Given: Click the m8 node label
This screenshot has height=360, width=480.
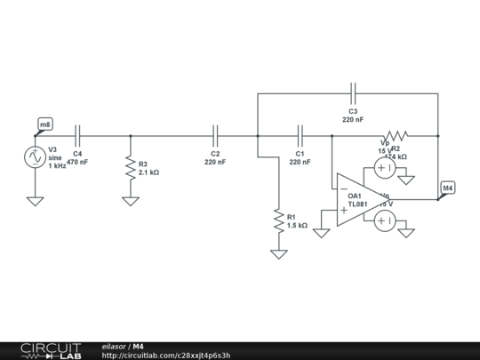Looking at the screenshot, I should pos(45,124).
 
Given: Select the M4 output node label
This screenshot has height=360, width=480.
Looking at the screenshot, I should pos(448,188).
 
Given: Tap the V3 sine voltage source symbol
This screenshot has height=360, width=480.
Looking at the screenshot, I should pos(35,157).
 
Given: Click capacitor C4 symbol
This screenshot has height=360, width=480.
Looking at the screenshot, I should pos(78,136).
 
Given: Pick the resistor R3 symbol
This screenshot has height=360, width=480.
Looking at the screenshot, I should pos(131,168).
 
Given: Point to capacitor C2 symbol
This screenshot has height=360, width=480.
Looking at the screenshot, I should pos(215,136).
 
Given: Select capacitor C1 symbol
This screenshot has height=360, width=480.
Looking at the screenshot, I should pos(300,136).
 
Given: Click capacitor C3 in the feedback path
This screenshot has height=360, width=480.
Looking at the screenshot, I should pos(353,92).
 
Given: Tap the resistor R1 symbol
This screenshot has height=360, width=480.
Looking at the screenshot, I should pos(279,219).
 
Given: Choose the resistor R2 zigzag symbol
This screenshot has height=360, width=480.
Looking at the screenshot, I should pos(396,136).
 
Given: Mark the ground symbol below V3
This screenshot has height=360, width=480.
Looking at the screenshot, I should pos(35,201).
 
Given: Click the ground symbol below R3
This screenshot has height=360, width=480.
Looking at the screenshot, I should pos(131,201).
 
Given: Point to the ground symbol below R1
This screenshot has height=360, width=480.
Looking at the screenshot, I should pos(279,254).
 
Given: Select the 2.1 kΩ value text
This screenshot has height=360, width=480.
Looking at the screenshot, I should pos(148,172).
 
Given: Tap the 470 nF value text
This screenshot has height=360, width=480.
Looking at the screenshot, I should pos(77,163).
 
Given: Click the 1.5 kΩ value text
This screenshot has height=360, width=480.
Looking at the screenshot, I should pos(297,226).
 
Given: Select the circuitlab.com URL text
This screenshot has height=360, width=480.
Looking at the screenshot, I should pos(166,356).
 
